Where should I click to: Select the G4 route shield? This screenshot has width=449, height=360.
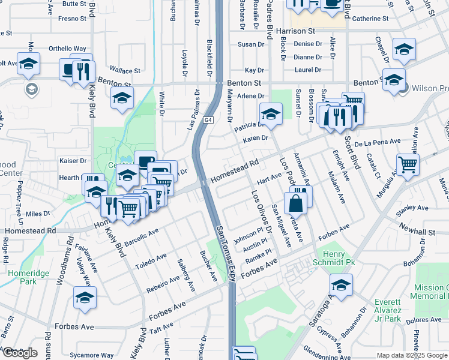tap(208, 120)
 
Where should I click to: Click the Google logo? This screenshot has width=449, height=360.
tap(19, 353)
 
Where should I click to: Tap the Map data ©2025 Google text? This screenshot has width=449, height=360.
tap(412, 355)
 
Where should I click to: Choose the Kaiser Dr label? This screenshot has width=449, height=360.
tap(73, 161)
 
